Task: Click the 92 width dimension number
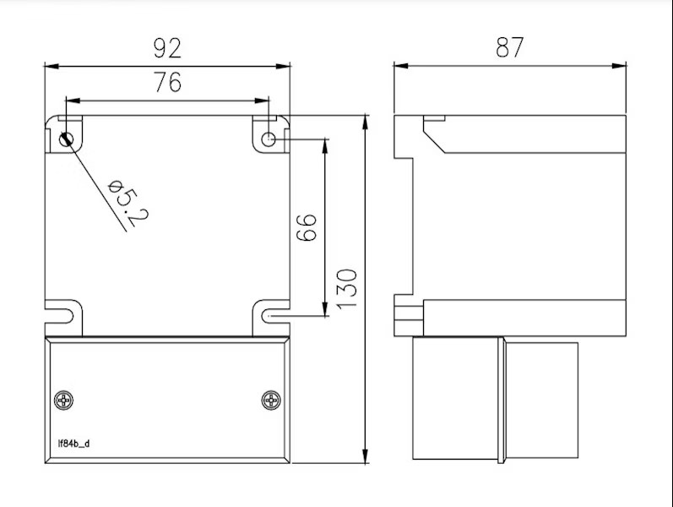[167, 48]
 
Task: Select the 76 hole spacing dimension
[167, 83]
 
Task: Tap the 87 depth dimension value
[509, 48]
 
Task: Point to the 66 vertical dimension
[307, 226]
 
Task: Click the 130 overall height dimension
[347, 288]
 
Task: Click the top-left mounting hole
[66, 139]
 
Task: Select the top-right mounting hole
[269, 139]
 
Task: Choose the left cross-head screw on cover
[64, 401]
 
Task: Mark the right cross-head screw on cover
[271, 401]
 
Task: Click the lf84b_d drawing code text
[73, 443]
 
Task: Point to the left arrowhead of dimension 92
[49, 65]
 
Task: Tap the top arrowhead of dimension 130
[366, 120]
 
